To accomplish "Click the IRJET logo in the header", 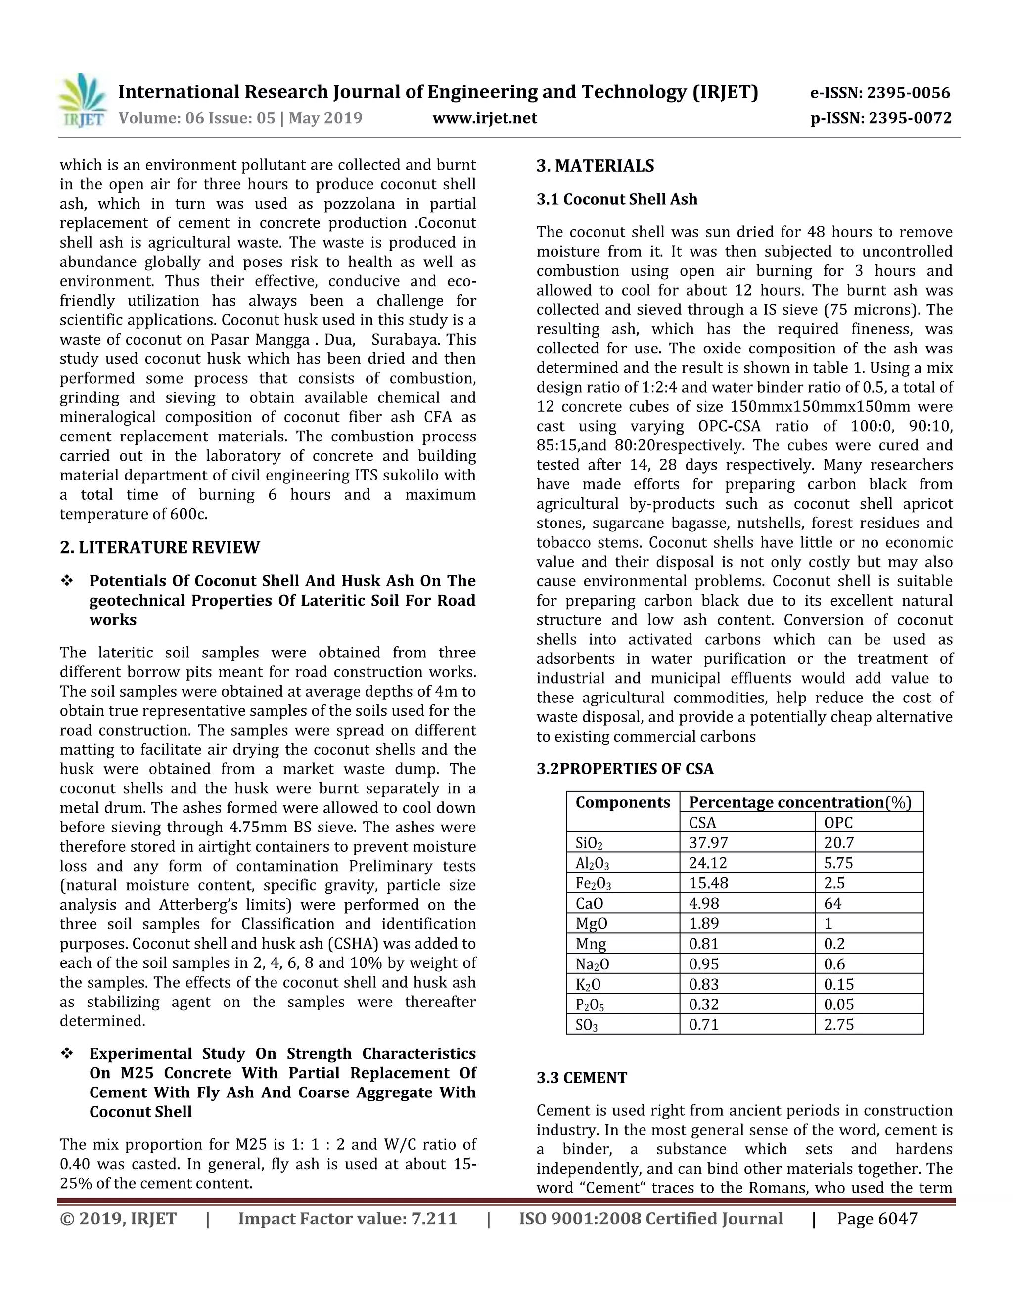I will coord(83,100).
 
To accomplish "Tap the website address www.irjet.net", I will coord(484,118).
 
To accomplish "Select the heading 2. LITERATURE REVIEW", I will coord(160,548).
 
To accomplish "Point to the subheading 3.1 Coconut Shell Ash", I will coord(616,199).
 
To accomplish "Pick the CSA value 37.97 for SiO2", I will coord(708,843).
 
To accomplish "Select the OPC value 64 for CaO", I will coord(832,903).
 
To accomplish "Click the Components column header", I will coord(622,802).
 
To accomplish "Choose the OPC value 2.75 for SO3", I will coord(838,1024).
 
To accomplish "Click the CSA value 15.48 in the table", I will coord(708,883).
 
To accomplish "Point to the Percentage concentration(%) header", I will coord(799,802).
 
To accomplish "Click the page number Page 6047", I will coord(877,1219).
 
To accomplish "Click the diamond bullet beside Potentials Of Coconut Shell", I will coord(67,581).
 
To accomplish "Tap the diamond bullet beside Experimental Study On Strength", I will coord(67,1054).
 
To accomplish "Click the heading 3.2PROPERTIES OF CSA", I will coord(625,769).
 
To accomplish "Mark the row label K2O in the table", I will coord(588,984).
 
